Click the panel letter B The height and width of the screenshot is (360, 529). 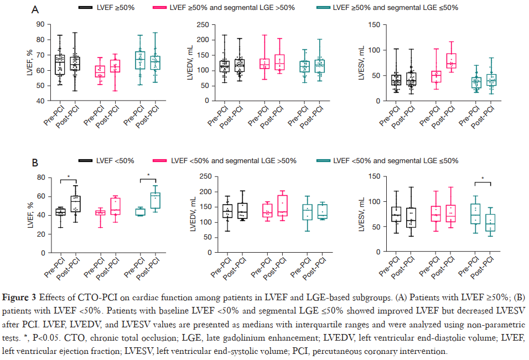[x=35, y=163]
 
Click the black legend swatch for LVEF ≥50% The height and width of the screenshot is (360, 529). [x=85, y=8]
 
